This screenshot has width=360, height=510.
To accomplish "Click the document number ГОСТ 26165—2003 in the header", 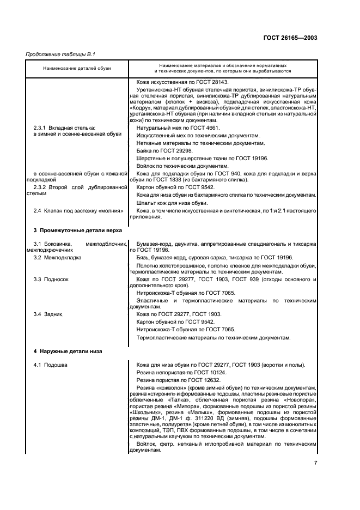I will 290,39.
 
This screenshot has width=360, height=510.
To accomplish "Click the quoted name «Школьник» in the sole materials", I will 144,414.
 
